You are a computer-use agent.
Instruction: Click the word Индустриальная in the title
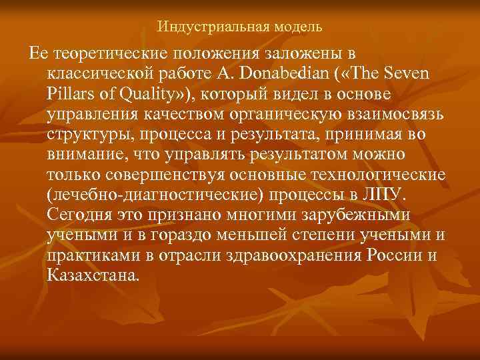click(x=203, y=27)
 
